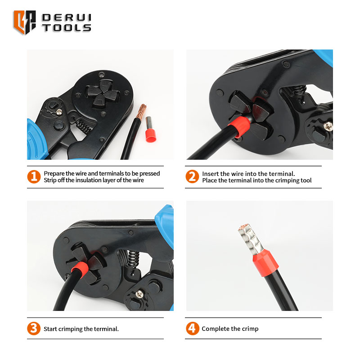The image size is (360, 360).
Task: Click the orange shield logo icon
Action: [25, 22]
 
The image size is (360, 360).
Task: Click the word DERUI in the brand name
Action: [67, 18]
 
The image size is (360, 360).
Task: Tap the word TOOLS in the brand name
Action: [67, 28]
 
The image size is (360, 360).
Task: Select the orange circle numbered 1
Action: [34, 177]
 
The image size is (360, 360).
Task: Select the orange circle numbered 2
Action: [192, 176]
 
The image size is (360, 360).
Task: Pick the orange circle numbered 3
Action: [34, 328]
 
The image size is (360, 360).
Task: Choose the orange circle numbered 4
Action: [193, 328]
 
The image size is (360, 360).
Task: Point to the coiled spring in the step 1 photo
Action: [83, 126]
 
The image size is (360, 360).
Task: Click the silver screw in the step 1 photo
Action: [59, 112]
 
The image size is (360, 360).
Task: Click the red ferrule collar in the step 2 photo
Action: [239, 127]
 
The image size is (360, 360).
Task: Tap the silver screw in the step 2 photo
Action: [328, 126]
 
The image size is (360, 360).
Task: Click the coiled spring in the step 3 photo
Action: [134, 259]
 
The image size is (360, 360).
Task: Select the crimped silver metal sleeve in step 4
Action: [250, 239]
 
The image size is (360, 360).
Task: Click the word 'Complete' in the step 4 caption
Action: [216, 329]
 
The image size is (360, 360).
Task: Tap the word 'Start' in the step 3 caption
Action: [50, 329]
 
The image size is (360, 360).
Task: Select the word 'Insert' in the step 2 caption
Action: [210, 174]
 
